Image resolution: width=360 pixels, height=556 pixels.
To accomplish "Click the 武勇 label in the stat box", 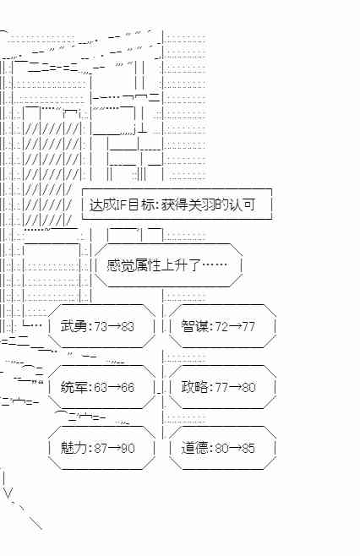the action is point(74,326).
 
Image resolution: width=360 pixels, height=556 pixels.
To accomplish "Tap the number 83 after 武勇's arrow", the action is point(128,326).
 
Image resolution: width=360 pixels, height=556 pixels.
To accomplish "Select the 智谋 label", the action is point(194,326).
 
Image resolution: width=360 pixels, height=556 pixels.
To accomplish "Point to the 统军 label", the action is point(74,387).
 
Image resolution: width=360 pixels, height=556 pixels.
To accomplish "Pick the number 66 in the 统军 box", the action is point(128,387).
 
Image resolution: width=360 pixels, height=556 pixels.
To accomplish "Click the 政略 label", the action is point(194,387).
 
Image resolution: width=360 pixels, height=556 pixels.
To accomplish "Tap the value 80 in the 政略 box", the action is point(248,387).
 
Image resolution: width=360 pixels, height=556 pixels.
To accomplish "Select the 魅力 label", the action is point(74,448).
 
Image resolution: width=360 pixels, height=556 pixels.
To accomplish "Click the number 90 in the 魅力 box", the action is point(128,448).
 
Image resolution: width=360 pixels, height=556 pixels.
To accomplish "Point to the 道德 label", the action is point(194,448).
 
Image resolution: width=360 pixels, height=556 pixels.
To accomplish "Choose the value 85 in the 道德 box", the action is point(248,448).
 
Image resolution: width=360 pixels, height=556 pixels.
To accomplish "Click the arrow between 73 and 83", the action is point(114,326).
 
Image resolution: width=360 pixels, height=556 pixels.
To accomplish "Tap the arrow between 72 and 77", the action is point(235,326).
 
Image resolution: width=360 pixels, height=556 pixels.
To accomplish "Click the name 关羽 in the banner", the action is point(201,205).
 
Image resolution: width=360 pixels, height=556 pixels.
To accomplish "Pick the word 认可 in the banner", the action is point(242,205).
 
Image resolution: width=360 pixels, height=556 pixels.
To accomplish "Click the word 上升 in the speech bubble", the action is point(174,264).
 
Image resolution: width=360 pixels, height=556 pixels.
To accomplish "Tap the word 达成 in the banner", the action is point(103,205).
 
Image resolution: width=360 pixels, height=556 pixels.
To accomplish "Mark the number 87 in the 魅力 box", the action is point(101,448).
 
